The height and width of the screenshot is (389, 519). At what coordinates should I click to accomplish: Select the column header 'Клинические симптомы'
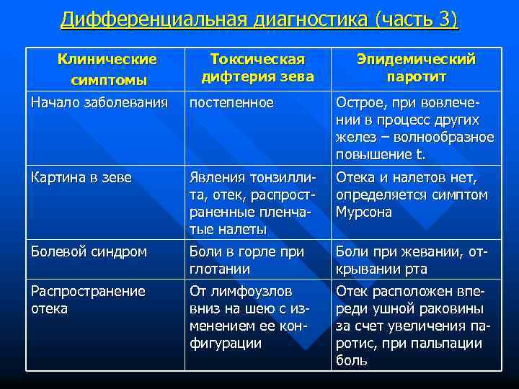tap(107, 68)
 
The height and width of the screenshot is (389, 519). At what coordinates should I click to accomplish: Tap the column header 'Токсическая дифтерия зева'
tap(257, 67)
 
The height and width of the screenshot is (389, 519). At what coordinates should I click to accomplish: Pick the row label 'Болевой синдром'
tap(89, 252)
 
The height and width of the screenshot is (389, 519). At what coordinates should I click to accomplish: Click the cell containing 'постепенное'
tap(231, 103)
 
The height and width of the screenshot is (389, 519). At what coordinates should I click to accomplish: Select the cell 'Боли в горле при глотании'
tap(247, 261)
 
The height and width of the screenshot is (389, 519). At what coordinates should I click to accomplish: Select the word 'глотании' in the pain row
tap(219, 269)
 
